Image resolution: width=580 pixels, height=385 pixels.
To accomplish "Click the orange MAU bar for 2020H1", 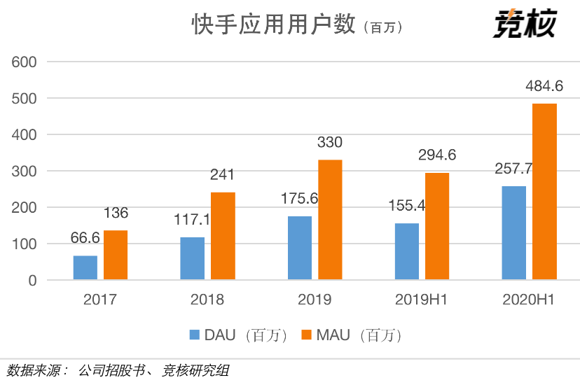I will coord(544,192).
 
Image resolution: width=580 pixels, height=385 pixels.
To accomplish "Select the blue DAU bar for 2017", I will coord(85,268).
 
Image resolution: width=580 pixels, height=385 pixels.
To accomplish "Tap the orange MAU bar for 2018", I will coord(223,236).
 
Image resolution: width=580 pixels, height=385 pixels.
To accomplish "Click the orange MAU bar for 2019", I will coord(330,220).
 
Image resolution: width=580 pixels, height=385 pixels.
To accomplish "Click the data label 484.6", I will coord(544,87).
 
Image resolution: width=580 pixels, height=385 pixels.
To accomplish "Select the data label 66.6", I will coord(85,238).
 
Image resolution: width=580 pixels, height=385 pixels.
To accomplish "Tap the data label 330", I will coord(330,143).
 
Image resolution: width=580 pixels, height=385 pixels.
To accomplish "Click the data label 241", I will coord(223,175).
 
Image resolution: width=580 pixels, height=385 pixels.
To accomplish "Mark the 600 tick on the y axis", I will coord(25,62).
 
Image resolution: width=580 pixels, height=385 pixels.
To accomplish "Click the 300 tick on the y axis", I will coord(25,171).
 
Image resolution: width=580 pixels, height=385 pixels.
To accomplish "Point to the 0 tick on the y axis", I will coord(32,280).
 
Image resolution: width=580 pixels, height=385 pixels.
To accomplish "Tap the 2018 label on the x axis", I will coord(207,300).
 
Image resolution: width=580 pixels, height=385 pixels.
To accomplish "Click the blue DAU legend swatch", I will coord(195,335).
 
